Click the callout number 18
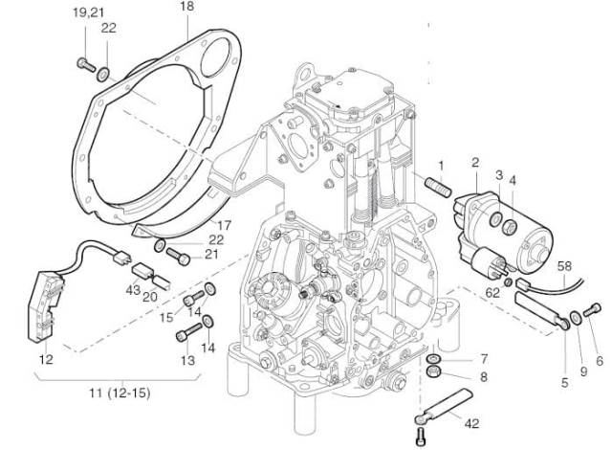click(186, 8)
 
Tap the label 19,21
click(85, 11)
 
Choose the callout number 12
click(44, 359)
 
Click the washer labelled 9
click(572, 317)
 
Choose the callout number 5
click(564, 382)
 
